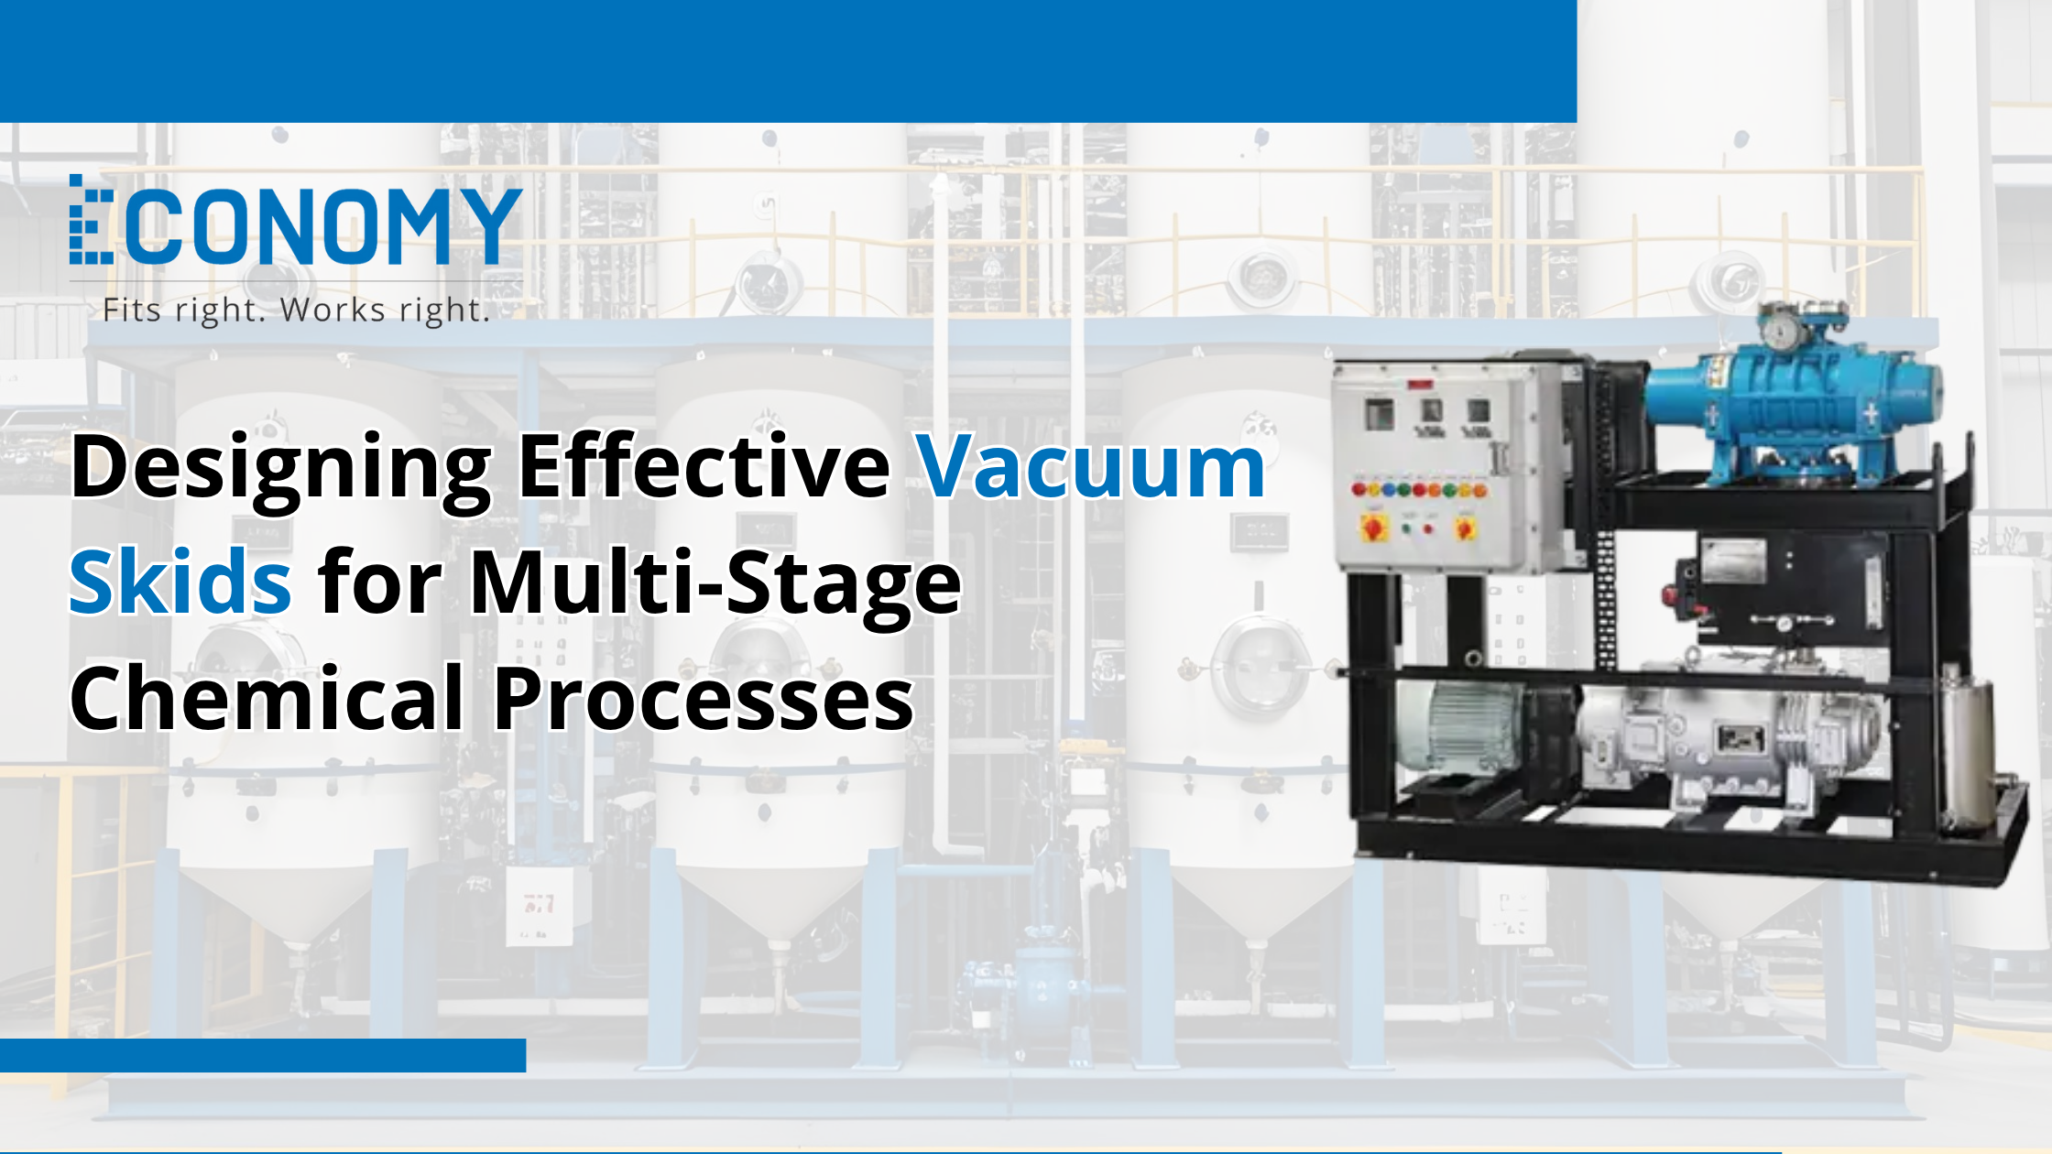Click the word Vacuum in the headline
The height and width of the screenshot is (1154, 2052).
click(x=1091, y=466)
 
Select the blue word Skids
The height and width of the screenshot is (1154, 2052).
click(x=180, y=582)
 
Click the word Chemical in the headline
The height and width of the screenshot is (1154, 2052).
click(x=267, y=697)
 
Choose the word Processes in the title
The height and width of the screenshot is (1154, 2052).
click(x=704, y=699)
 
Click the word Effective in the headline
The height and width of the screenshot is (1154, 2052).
click(x=704, y=466)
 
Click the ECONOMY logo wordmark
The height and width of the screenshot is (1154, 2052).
click(x=296, y=221)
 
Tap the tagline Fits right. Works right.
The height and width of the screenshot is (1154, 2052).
click(x=296, y=310)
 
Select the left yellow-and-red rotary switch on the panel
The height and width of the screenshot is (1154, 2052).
click(x=1375, y=527)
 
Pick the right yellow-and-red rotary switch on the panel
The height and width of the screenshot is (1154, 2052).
click(x=1465, y=528)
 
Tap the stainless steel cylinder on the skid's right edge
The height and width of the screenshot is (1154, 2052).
click(x=1967, y=751)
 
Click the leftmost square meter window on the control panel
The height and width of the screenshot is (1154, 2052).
click(x=1380, y=413)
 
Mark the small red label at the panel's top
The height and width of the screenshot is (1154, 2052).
click(x=1421, y=385)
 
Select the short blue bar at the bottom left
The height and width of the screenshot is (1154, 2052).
click(x=263, y=1055)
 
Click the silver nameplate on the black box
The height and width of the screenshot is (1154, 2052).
click(x=1734, y=561)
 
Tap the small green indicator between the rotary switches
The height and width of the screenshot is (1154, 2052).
click(x=1407, y=528)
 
